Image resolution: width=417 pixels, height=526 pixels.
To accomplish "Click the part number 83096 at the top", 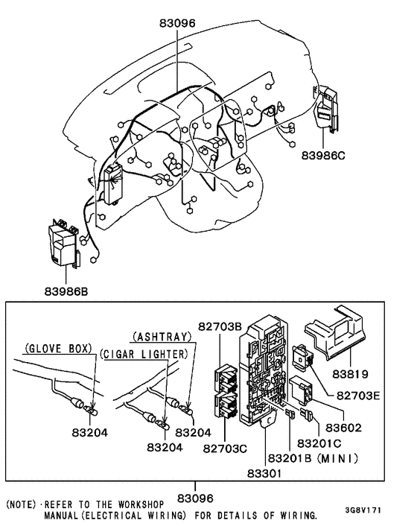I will pyautogui.click(x=177, y=22).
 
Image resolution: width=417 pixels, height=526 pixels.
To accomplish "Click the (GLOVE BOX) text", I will pyautogui.click(x=57, y=348).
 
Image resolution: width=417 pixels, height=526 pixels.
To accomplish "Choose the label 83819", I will pyautogui.click(x=353, y=372).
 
